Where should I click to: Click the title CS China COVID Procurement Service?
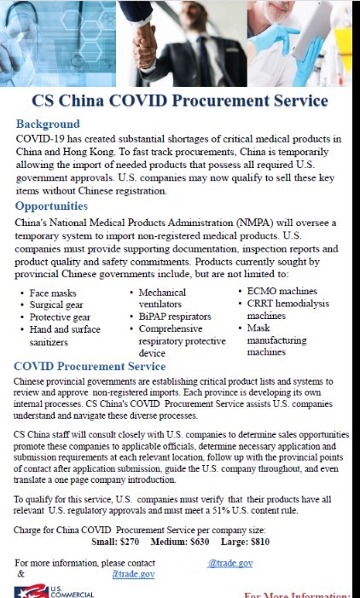(x=179, y=101)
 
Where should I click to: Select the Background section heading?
(x=48, y=125)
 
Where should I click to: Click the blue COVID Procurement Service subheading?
(x=90, y=366)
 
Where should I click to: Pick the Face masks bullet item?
(x=53, y=293)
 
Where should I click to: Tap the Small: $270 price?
(x=115, y=540)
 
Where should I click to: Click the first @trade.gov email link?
(x=229, y=563)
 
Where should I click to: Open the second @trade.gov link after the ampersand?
(x=133, y=574)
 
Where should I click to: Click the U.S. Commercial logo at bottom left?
(x=51, y=590)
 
